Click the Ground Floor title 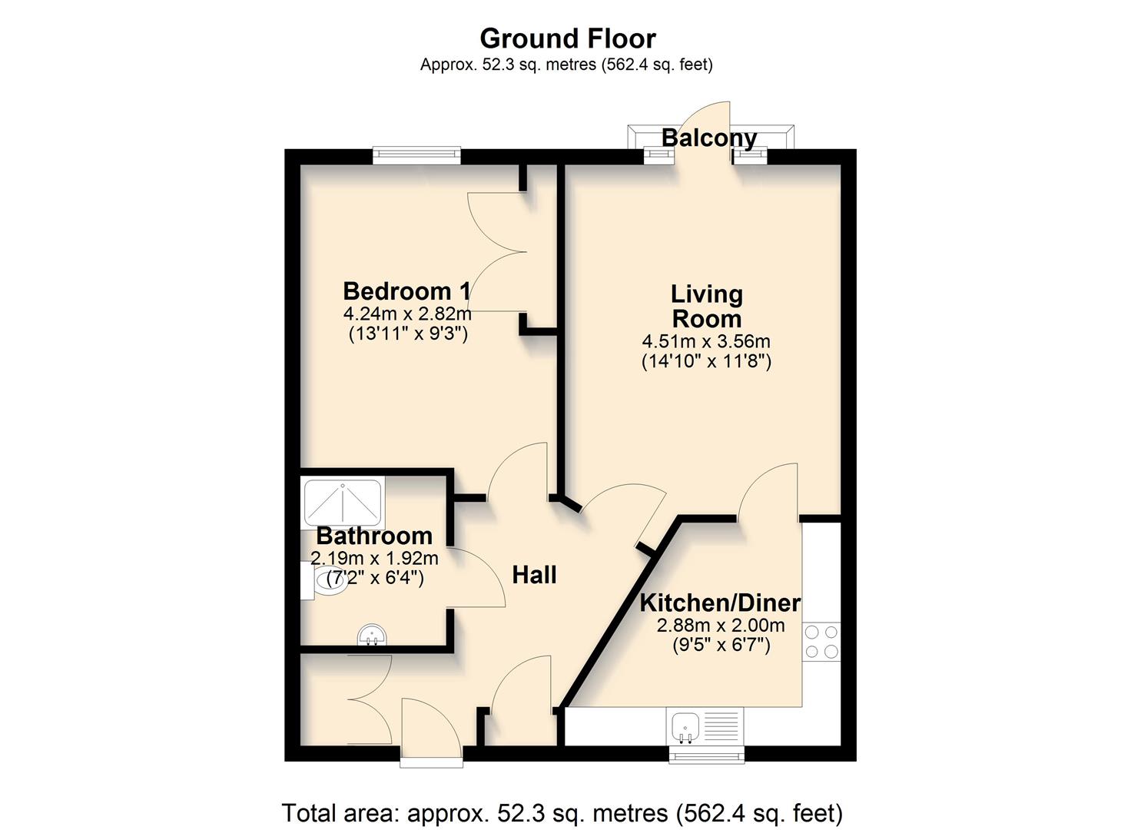[x=568, y=38]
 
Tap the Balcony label [x=709, y=138]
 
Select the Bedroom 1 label [x=406, y=291]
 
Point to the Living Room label [x=706, y=306]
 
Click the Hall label [x=534, y=575]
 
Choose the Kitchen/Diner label [x=720, y=603]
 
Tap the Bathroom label [x=374, y=536]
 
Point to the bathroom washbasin [x=373, y=636]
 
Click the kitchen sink [x=685, y=725]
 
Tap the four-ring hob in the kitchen [x=821, y=642]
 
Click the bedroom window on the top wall [x=416, y=156]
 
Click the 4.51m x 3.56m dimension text [x=706, y=341]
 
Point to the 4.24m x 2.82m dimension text [x=407, y=314]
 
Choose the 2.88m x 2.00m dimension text [x=721, y=626]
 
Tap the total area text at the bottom [x=562, y=812]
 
